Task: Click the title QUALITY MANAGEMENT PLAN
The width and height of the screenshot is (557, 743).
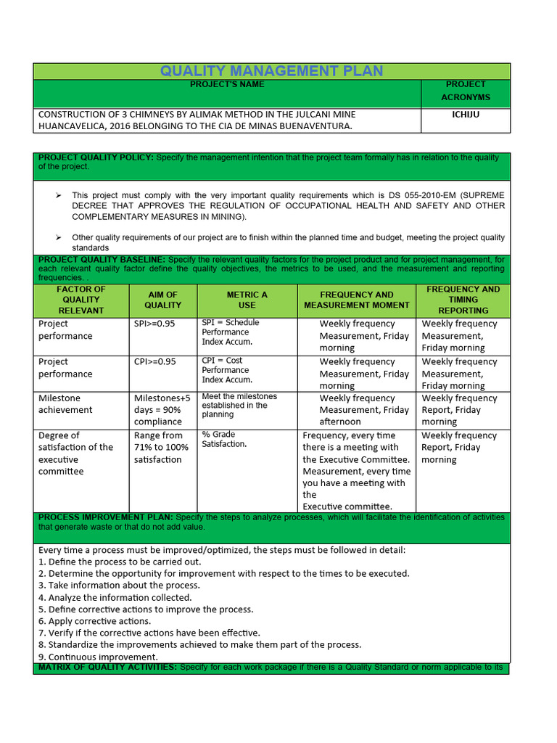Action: point(271,71)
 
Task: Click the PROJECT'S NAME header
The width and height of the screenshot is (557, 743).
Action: point(227,84)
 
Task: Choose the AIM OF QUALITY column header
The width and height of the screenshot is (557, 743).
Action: point(162,300)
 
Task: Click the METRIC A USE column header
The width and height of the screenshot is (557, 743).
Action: point(247,300)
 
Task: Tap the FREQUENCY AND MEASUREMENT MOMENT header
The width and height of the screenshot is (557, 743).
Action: point(356,300)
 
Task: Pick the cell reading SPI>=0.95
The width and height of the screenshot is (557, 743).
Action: point(154,324)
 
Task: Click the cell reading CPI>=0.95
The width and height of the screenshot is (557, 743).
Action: point(154,361)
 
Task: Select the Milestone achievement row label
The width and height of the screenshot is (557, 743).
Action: point(65,403)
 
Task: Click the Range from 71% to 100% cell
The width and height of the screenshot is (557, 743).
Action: point(161,447)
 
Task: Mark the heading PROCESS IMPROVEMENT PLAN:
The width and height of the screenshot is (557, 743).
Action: point(105,517)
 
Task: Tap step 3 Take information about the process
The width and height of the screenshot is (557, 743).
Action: point(119,586)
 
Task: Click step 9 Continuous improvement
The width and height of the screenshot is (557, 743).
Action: point(98,657)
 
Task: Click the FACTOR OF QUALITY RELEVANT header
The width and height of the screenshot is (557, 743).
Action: point(81,300)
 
